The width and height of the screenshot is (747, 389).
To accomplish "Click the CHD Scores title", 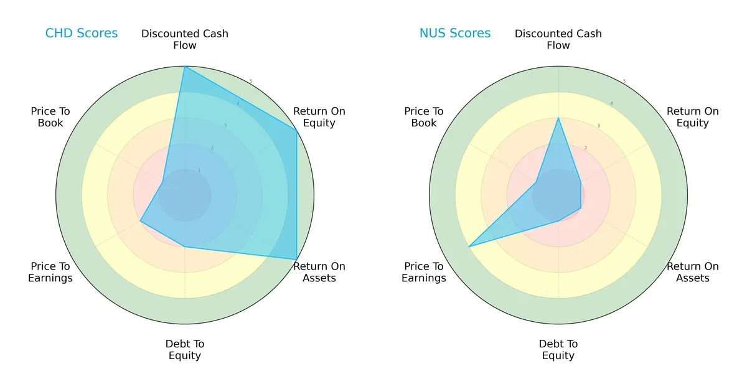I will click(82, 34).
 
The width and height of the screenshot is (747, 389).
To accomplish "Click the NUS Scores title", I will click(454, 34).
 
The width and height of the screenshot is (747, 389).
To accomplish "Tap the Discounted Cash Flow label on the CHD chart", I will click(185, 39).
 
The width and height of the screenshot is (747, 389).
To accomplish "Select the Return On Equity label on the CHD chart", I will click(319, 117).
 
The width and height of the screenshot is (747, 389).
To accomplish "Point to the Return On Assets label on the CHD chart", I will click(319, 272).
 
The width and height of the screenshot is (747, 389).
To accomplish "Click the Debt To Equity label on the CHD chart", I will click(185, 350).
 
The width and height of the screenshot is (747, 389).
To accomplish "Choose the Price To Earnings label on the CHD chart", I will click(50, 272).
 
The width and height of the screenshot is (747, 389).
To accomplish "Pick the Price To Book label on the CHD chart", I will click(50, 117).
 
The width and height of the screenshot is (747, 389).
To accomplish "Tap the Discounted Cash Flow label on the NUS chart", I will click(558, 39).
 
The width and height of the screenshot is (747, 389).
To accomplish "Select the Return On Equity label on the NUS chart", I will click(692, 117).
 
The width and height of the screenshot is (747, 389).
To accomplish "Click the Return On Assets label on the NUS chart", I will click(692, 272).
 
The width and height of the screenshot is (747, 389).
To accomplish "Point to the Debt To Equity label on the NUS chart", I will click(558, 350).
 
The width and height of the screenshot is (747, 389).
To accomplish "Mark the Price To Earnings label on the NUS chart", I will click(424, 272).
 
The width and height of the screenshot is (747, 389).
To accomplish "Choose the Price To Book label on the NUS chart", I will click(424, 117).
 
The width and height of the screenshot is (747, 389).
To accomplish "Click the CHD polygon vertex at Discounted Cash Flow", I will click(185, 67).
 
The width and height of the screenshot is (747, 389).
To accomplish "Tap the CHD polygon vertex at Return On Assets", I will click(296, 260).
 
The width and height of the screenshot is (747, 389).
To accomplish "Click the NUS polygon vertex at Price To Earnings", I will click(469, 247).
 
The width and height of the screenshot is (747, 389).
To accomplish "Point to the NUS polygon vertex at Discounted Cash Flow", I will click(558, 118).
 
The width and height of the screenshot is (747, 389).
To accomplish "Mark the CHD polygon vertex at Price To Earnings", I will click(140, 221).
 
